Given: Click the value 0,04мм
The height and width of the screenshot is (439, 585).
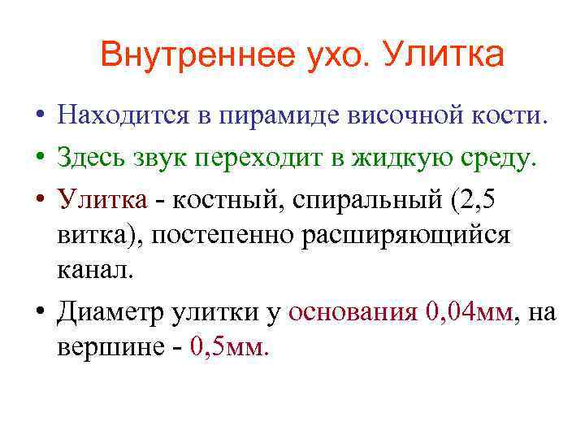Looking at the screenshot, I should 469,311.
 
